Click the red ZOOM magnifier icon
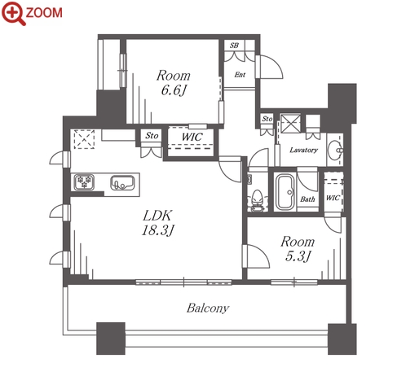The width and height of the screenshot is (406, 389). (13, 14)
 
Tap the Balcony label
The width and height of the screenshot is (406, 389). (208, 308)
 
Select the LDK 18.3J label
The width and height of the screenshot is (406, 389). (157, 223)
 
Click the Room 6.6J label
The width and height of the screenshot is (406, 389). (174, 83)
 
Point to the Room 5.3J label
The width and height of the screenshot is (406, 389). (298, 249)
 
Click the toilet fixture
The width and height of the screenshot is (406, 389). (257, 200)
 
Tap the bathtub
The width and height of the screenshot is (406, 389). (285, 192)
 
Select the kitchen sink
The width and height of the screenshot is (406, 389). (122, 182)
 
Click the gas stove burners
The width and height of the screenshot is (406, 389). (84, 181)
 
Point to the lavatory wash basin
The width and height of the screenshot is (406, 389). (336, 150)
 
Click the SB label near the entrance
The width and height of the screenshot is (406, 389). (234, 46)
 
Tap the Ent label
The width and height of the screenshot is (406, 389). (240, 75)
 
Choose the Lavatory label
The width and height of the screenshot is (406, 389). (303, 150)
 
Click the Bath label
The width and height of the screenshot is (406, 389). (307, 199)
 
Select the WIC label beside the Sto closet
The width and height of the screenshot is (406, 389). (192, 137)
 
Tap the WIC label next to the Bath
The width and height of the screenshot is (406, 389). (333, 198)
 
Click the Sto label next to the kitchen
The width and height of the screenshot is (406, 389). (152, 135)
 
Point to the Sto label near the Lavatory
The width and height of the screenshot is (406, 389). (267, 119)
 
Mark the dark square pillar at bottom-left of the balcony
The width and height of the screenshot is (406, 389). (111, 339)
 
